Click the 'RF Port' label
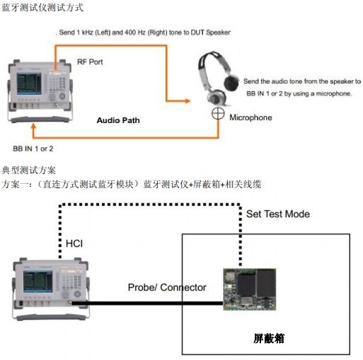[x=90, y=62]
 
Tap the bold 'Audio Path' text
[x=118, y=120]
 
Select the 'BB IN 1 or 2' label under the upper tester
[x=33, y=149]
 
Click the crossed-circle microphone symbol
[x=218, y=113]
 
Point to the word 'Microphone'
[x=250, y=117]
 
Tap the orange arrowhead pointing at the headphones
[x=188, y=101]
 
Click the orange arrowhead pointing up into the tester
[x=34, y=127]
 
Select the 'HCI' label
[x=74, y=243]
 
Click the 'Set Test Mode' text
[x=278, y=214]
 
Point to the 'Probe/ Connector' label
[x=167, y=287]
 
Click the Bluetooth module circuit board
[x=250, y=289]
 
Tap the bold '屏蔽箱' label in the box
[x=269, y=339]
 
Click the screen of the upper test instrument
[x=29, y=84]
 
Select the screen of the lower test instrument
[x=38, y=281]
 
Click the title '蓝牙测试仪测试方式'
[x=42, y=8]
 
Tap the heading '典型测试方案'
[x=29, y=170]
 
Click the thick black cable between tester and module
[x=147, y=303]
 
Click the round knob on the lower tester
[x=77, y=294]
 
